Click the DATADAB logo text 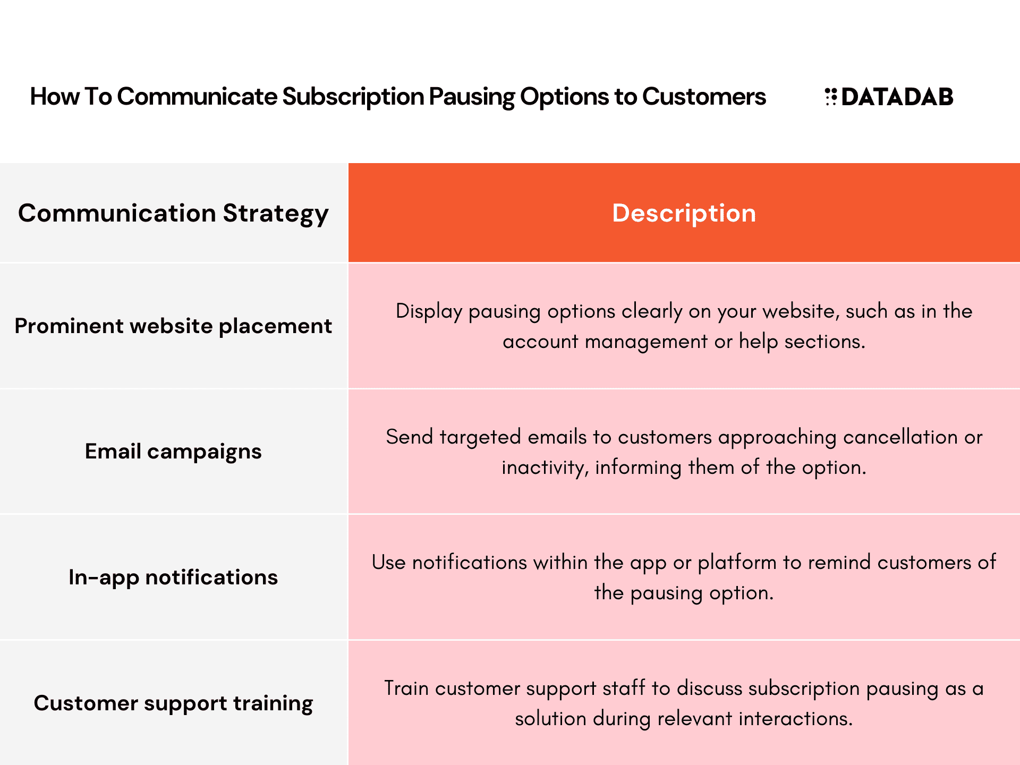coord(897,97)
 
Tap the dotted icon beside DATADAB coord(831,97)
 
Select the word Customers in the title coord(704,97)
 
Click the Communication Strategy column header coord(173,214)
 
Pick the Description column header coord(684,213)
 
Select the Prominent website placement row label coord(173,326)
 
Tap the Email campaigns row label coord(173,452)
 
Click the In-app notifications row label coord(173,577)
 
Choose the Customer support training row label coord(173,703)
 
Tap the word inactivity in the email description coord(545,467)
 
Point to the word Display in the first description coord(429,312)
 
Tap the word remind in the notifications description coord(839,563)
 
